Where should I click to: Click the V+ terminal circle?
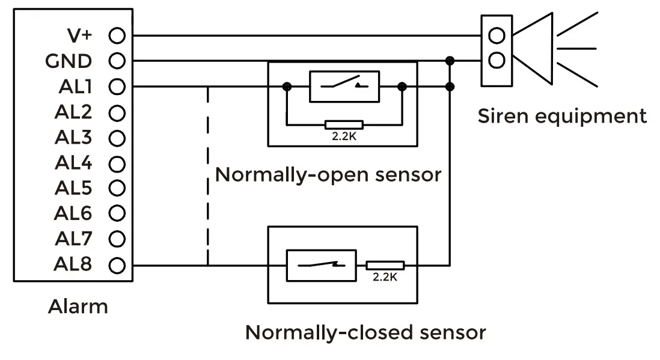coord(117,35)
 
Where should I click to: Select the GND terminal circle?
coord(117,61)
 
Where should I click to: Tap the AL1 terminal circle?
coord(117,87)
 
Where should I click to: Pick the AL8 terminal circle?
coord(117,264)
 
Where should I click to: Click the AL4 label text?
coord(73,163)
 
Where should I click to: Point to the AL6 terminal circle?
coord(117,213)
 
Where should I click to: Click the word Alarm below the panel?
coord(78,307)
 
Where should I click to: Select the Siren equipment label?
coord(562,115)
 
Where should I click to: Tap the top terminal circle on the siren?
coord(497,35)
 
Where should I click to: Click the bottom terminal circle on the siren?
coord(497,60)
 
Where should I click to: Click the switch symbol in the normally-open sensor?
coord(344,87)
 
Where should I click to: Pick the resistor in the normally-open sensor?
coord(344,125)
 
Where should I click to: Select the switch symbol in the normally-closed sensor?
coord(325,264)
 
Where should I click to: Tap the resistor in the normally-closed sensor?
coord(385,265)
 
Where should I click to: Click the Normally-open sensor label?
coord(328,175)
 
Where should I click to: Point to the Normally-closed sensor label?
coord(365,332)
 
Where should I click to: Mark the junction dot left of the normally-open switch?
coord(287,87)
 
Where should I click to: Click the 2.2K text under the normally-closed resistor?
coord(385,278)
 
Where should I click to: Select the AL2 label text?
coord(73,112)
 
